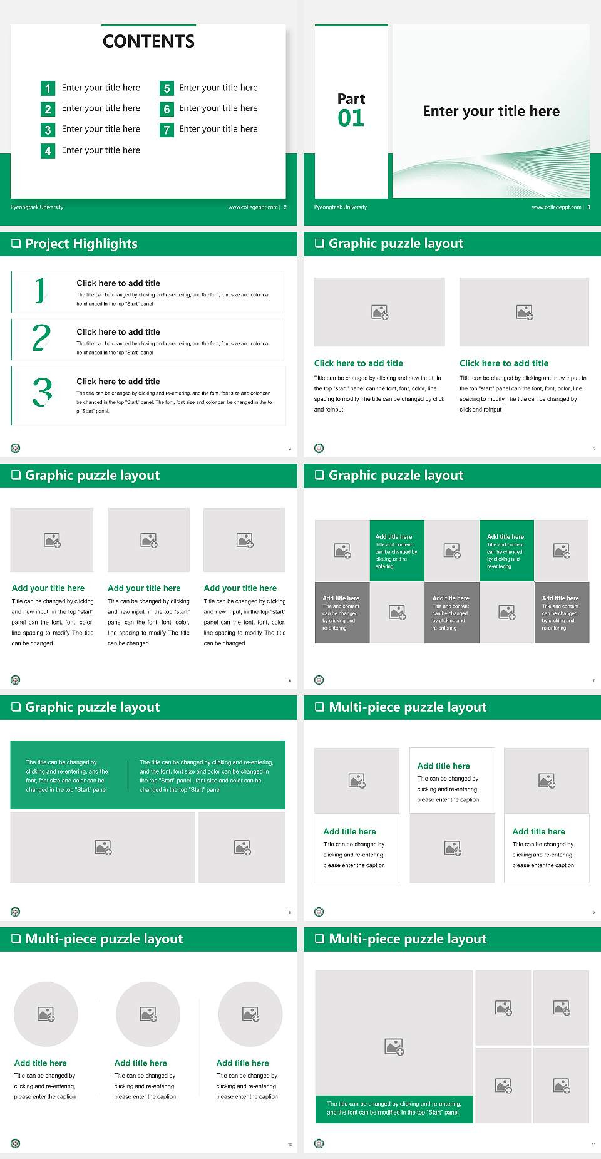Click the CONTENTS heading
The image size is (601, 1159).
click(x=148, y=41)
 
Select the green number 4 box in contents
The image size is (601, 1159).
click(x=48, y=151)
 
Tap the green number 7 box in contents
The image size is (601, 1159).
click(x=167, y=130)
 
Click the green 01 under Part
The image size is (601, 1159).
click(x=351, y=118)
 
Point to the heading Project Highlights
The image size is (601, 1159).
click(x=81, y=244)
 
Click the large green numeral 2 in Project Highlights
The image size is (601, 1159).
click(x=41, y=338)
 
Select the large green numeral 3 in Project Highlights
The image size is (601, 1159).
click(x=43, y=392)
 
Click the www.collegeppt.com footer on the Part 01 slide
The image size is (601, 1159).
click(x=557, y=207)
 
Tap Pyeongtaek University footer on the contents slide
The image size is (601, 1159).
click(x=37, y=207)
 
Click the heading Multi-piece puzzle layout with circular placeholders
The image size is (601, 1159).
click(x=104, y=939)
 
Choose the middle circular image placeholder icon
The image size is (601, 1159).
click(x=148, y=1014)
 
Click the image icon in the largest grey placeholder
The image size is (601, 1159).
click(x=394, y=1046)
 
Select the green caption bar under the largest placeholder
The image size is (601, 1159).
click(x=394, y=1108)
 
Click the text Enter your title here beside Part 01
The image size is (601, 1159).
click(x=491, y=112)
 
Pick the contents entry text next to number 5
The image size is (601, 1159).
click(x=218, y=88)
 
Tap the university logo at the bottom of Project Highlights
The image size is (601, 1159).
click(x=16, y=448)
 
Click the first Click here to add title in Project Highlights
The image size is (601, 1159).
click(x=118, y=283)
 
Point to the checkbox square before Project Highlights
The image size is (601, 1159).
click(x=16, y=244)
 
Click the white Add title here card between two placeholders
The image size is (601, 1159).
click(x=452, y=780)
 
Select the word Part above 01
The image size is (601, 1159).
click(x=351, y=99)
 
